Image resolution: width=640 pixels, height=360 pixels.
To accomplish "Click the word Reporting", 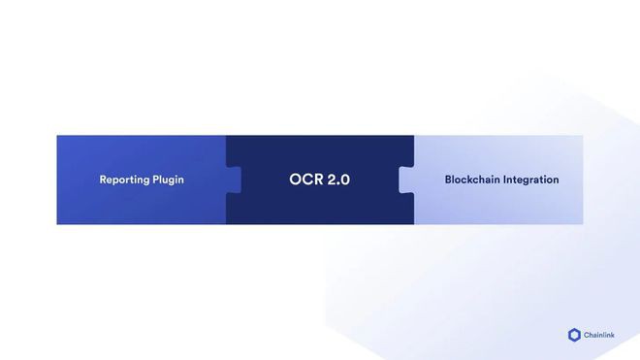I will (126, 180).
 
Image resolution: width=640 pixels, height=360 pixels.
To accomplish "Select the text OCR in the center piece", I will (304, 180).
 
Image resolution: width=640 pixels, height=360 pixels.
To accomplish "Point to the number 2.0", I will (337, 180).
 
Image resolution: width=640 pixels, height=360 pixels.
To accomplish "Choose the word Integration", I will (530, 180).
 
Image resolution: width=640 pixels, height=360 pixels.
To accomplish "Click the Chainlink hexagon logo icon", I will (574, 335).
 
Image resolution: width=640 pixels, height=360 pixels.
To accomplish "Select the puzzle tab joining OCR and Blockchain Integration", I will (405, 180).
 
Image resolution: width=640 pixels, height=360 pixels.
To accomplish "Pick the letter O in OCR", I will (295, 180).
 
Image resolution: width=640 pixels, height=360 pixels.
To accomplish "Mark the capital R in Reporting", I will (103, 180).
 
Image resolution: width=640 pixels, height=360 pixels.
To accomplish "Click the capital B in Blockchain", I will (448, 180).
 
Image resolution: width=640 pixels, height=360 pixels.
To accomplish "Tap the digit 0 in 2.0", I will (344, 180).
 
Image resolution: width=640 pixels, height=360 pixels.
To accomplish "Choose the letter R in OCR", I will (316, 180).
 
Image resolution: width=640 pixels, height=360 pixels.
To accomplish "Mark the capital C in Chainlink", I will (587, 335).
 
